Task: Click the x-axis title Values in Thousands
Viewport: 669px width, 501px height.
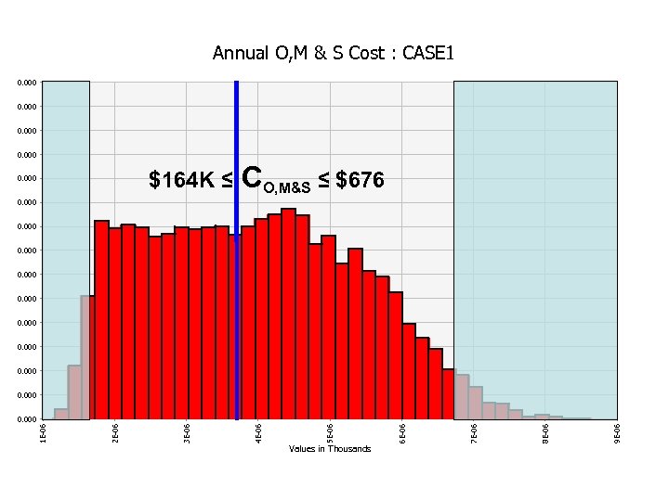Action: (330, 449)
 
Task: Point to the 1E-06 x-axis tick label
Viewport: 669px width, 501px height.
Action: (44, 431)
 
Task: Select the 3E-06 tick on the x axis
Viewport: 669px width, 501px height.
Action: (187, 431)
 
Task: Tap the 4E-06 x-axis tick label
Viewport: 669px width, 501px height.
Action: (258, 431)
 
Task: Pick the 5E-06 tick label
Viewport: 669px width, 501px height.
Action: (330, 431)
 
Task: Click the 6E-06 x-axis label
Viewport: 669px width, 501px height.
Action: (401, 431)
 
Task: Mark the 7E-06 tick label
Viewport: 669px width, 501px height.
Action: (473, 431)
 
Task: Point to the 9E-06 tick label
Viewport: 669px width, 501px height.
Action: (617, 431)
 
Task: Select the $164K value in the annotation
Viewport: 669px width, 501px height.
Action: (182, 180)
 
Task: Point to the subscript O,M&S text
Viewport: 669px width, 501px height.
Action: (287, 188)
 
